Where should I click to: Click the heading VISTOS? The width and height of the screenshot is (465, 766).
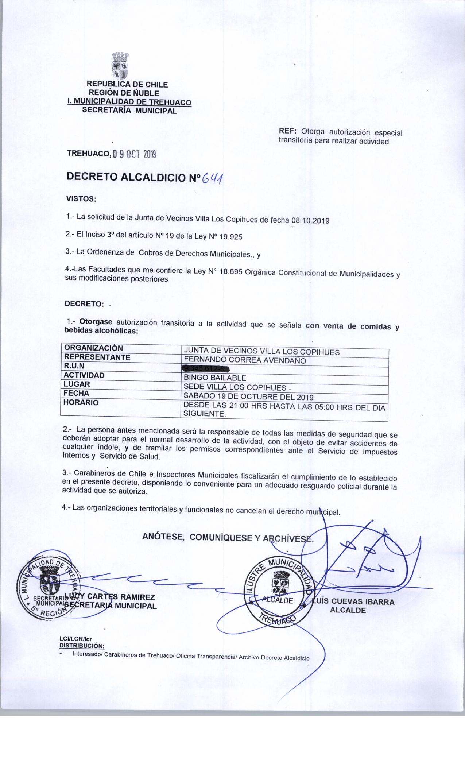point(81,200)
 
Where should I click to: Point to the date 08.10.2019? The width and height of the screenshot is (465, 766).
point(310,221)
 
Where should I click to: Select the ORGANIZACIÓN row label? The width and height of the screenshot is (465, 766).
point(93,348)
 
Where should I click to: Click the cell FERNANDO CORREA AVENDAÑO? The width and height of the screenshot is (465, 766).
point(245,361)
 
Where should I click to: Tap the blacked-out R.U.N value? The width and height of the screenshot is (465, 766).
point(207,369)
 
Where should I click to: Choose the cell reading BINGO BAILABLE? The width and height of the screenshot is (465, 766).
point(215,378)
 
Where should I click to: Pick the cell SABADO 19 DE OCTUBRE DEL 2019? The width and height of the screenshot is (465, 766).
point(248,397)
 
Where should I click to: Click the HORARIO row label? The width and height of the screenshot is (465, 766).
point(81,403)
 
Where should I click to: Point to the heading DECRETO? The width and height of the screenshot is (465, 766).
point(84,303)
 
